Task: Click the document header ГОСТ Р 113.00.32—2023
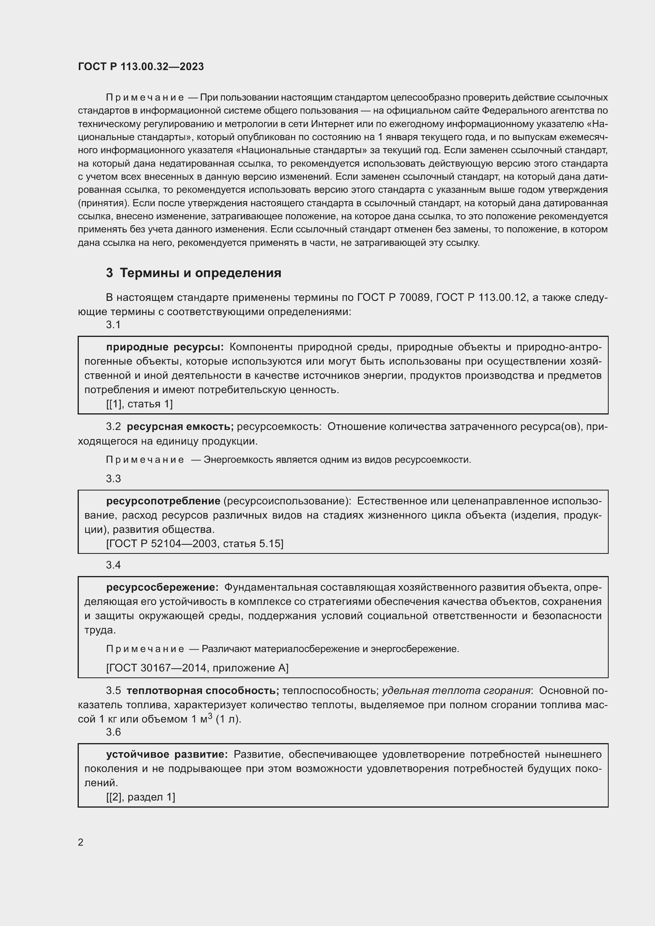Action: pyautogui.click(x=141, y=67)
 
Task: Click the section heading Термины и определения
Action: pyautogui.click(x=200, y=273)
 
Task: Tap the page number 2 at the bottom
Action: pyautogui.click(x=81, y=842)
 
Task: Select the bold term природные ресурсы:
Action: pyautogui.click(x=165, y=347)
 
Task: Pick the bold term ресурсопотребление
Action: pyautogui.click(x=163, y=501)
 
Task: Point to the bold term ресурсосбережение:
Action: pyautogui.click(x=162, y=587)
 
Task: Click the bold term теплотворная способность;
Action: pyautogui.click(x=202, y=690)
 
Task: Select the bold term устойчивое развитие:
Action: pyautogui.click(x=167, y=754)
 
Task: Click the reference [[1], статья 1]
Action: pyautogui.click(x=139, y=404)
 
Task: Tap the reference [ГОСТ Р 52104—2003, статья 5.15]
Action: pyautogui.click(x=194, y=544)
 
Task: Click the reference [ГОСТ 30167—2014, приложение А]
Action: pyautogui.click(x=197, y=668)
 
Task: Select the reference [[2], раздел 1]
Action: pyautogui.click(x=140, y=797)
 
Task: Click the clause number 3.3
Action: pyautogui.click(x=113, y=479)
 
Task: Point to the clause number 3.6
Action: pyautogui.click(x=113, y=732)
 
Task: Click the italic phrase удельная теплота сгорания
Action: pyautogui.click(x=456, y=690)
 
